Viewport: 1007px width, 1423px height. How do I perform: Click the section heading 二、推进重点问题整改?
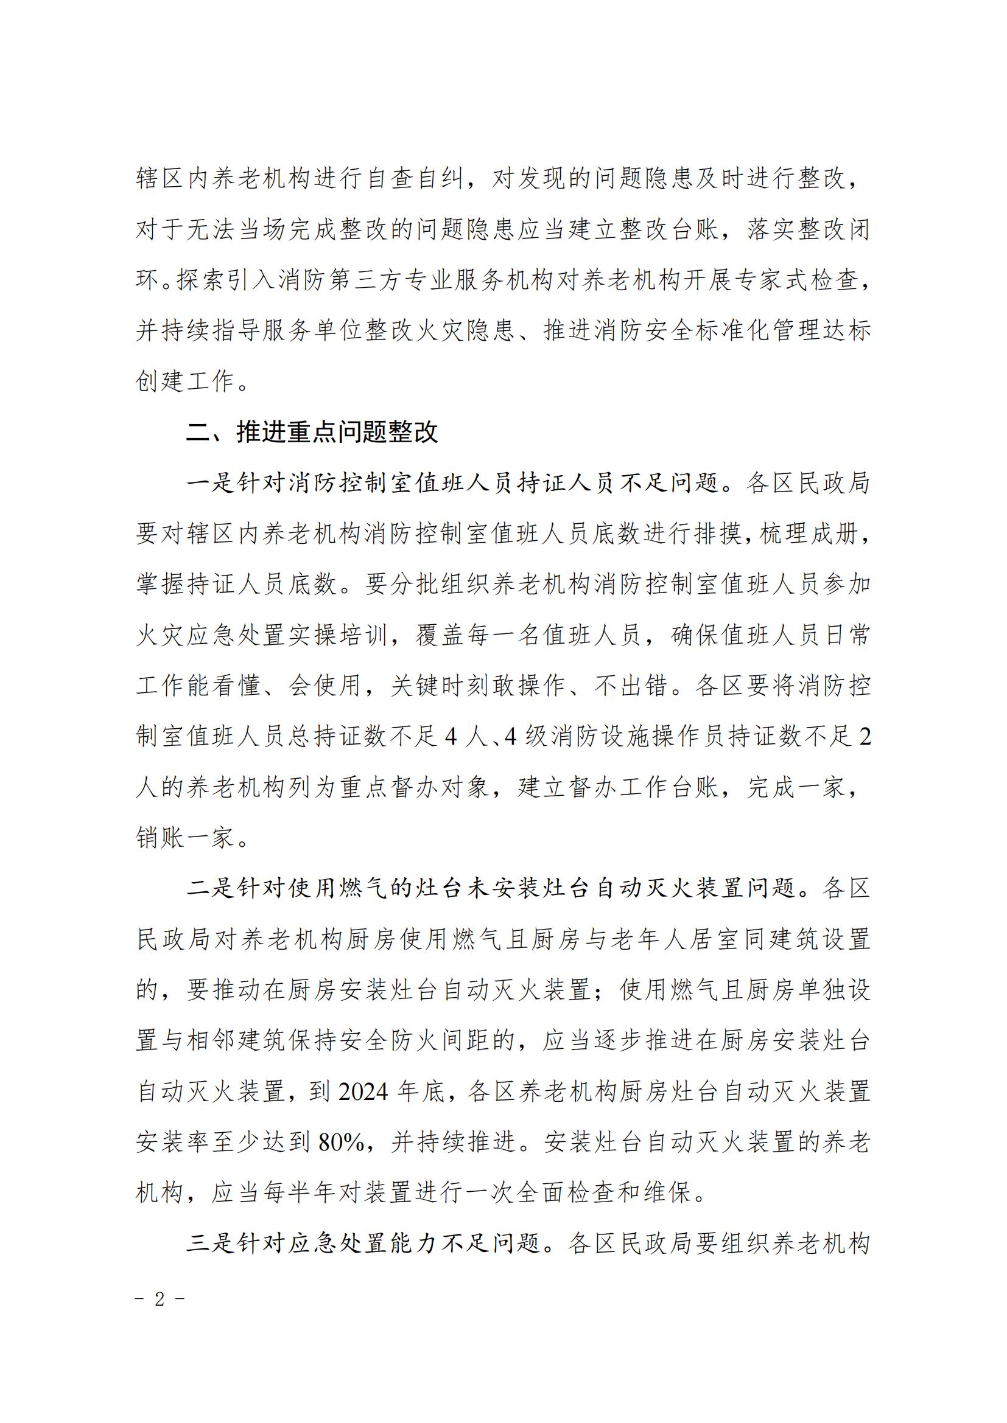pyautogui.click(x=312, y=432)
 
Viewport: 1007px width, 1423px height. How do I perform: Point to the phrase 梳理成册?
pyautogui.click(x=809, y=534)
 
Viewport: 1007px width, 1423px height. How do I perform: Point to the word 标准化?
pyautogui.click(x=733, y=330)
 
